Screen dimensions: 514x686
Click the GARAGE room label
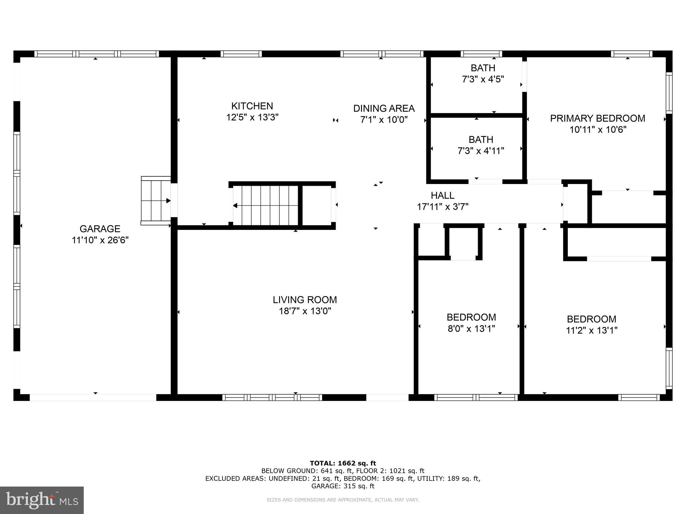click(100, 229)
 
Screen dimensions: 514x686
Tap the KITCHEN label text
click(252, 106)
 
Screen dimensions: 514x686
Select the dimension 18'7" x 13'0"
click(305, 311)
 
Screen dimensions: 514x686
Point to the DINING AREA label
click(384, 108)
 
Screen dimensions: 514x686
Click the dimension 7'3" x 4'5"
click(483, 79)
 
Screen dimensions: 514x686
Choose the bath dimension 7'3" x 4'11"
click(481, 151)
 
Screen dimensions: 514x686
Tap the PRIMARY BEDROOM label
click(598, 118)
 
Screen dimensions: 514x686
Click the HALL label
click(442, 195)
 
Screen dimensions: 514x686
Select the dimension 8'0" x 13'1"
click(471, 329)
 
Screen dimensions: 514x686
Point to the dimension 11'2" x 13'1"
click(592, 331)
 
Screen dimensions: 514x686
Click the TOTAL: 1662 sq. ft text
click(343, 463)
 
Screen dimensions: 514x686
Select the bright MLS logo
click(42, 500)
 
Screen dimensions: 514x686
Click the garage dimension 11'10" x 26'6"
click(100, 240)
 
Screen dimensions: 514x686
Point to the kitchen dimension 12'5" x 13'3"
click(252, 117)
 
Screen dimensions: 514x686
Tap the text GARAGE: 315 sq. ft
click(343, 486)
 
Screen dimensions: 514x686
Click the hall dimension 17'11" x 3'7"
click(442, 207)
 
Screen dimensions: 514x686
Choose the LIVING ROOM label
click(305, 300)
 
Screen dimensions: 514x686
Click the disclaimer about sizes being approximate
click(343, 500)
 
